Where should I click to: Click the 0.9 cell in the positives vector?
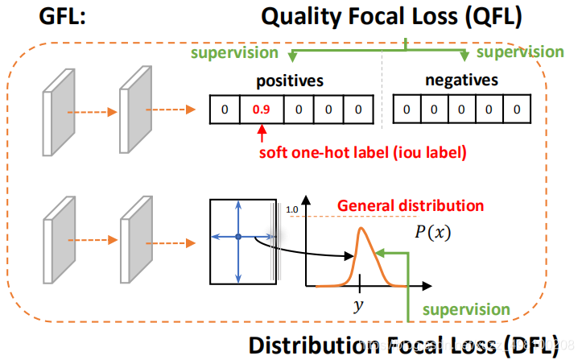[x=259, y=110]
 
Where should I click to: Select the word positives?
[x=289, y=81]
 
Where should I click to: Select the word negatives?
[x=461, y=81]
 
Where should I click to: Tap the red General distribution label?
[x=411, y=205]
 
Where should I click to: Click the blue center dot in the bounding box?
[x=238, y=237]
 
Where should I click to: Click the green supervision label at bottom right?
[x=466, y=309]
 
